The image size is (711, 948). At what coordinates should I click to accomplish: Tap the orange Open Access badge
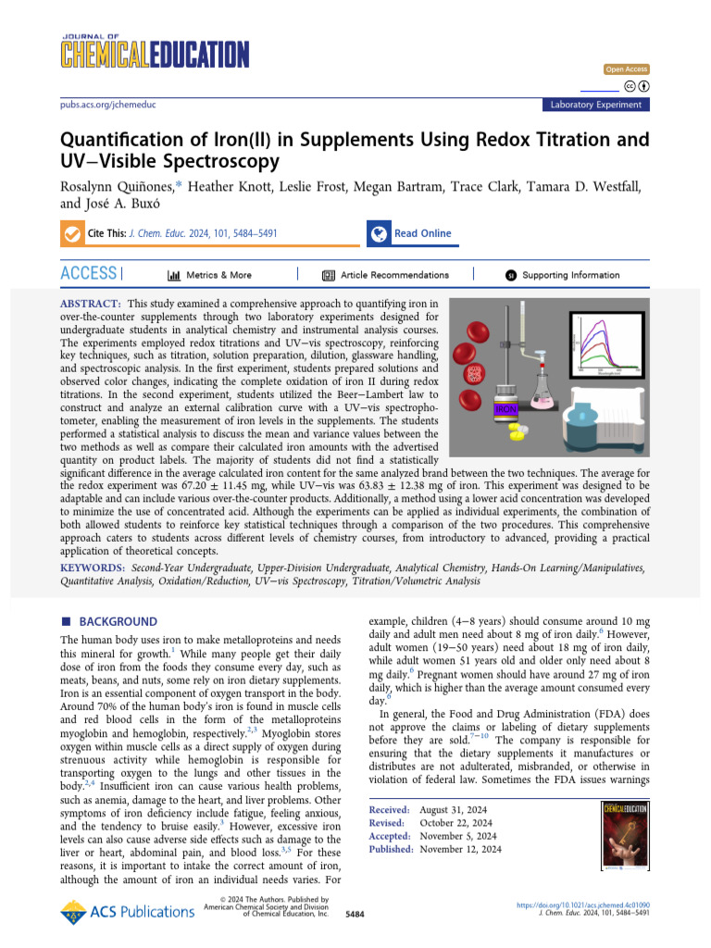click(627, 69)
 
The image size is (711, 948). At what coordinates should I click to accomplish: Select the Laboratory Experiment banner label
click(595, 105)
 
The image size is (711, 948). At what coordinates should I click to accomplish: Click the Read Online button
click(422, 233)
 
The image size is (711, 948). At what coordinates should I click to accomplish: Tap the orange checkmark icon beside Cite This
click(71, 234)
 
